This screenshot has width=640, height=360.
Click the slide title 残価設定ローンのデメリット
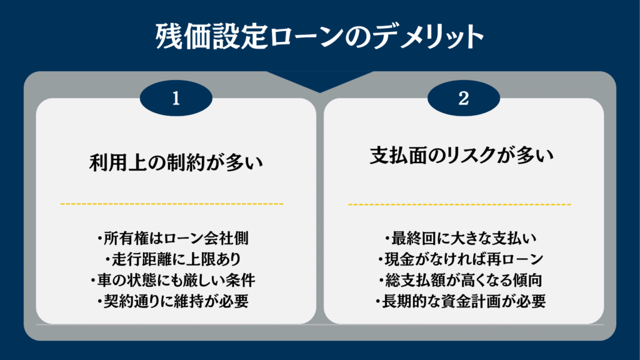pos(319,37)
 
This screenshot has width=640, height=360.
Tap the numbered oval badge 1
pos(176,98)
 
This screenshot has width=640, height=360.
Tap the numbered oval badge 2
pos(464,98)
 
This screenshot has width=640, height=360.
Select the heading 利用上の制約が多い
pos(176,163)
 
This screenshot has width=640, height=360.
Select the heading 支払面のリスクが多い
pos(462,156)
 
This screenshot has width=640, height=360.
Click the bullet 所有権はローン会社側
pos(172,238)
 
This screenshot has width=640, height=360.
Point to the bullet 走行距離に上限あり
pos(172,259)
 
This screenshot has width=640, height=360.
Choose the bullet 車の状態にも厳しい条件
pos(172,281)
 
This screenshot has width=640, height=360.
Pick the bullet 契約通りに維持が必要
pos(172,302)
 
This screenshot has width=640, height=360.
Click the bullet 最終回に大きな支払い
pos(461,238)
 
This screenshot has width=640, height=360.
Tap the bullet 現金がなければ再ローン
pos(461,259)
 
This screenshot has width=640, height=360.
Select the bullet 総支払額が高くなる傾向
pos(461,281)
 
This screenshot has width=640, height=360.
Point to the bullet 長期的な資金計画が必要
pos(461,302)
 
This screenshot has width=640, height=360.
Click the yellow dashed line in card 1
pos(172,204)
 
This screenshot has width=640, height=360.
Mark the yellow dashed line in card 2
pos(459,204)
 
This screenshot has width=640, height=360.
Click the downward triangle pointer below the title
pos(320,82)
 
